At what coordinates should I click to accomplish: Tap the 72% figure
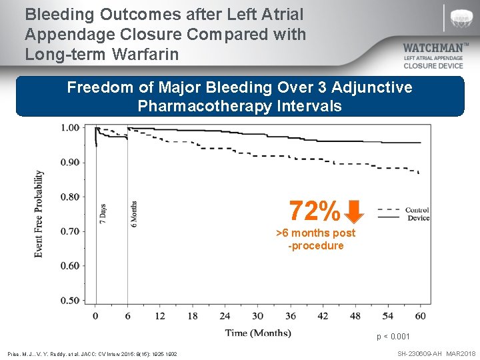[315, 211]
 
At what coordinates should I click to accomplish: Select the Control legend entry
[417, 210]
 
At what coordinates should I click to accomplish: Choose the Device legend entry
[418, 218]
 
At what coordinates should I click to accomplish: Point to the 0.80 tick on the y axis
[70, 197]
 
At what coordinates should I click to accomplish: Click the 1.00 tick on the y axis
[70, 127]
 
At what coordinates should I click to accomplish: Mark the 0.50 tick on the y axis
[70, 301]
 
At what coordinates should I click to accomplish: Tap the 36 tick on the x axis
[290, 315]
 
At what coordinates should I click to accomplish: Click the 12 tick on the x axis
[160, 315]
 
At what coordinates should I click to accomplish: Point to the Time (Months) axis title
[258, 333]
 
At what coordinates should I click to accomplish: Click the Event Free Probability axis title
[39, 213]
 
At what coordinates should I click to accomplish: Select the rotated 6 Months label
[134, 213]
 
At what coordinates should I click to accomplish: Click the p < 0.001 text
[393, 337]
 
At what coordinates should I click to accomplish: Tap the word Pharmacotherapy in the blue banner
[199, 105]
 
